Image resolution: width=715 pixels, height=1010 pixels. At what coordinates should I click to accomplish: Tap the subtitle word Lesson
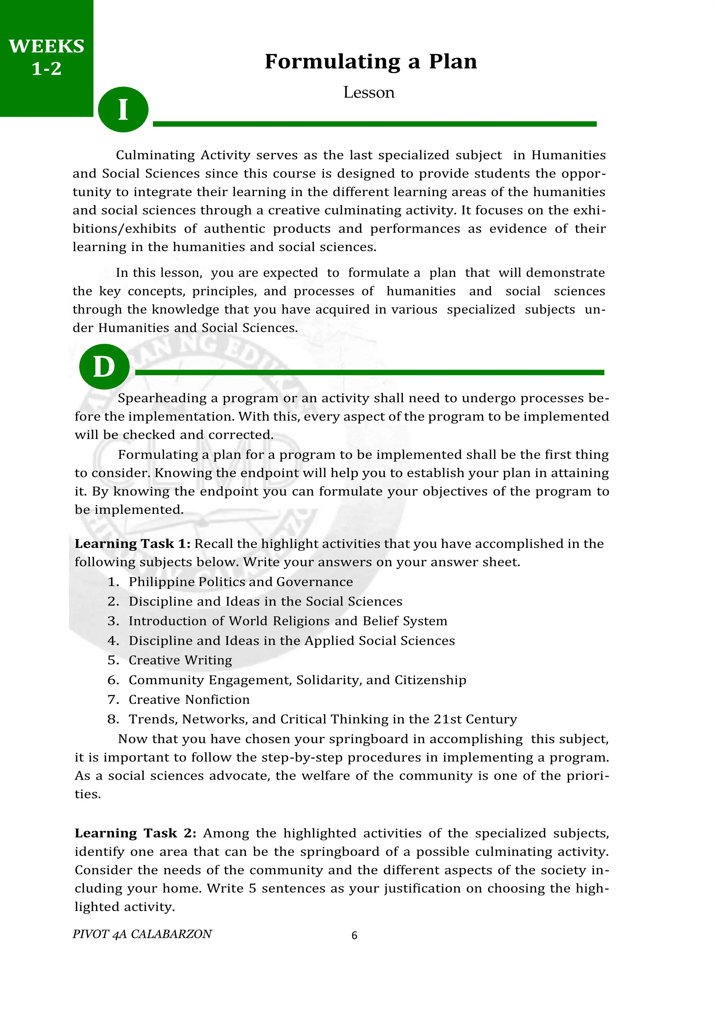tap(369, 92)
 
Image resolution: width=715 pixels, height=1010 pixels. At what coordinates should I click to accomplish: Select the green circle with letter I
tap(123, 110)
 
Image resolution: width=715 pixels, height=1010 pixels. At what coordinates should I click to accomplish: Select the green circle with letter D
tap(104, 367)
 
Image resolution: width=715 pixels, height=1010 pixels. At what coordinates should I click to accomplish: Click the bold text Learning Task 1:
tap(132, 544)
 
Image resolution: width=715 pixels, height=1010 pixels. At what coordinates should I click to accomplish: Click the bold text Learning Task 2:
tap(135, 833)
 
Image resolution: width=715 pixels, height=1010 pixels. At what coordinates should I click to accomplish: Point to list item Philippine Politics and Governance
tap(241, 582)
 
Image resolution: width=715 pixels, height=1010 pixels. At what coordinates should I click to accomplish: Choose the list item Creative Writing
tap(180, 660)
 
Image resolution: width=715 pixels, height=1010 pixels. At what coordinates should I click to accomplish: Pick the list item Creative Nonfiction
tap(189, 700)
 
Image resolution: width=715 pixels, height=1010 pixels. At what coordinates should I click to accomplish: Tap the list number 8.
tap(113, 719)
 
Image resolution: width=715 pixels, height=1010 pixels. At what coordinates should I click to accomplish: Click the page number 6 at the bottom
tap(354, 936)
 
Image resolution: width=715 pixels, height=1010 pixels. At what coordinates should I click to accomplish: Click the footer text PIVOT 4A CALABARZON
tap(142, 934)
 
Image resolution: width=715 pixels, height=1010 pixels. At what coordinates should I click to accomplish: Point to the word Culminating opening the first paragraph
tap(155, 155)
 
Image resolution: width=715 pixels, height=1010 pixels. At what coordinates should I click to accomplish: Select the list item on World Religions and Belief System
tap(287, 621)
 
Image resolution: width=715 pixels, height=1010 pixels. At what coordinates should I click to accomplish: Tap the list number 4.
tap(113, 641)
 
